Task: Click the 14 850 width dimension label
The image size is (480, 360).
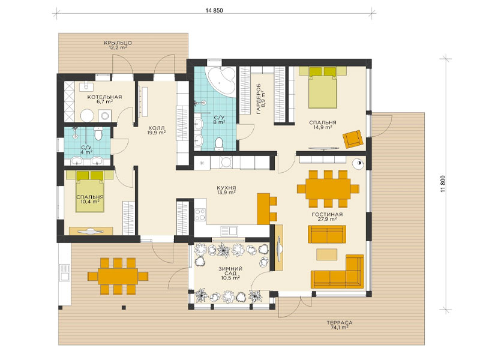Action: (214, 10)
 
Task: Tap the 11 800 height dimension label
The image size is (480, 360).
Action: (443, 184)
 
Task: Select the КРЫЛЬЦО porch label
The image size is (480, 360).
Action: (118, 43)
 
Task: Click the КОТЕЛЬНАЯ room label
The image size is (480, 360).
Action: (104, 97)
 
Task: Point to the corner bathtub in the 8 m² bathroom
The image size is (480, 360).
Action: (221, 81)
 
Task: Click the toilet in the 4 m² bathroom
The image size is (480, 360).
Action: (98, 133)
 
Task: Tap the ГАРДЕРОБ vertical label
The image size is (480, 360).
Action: (259, 98)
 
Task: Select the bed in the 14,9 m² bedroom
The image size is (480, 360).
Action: (323, 88)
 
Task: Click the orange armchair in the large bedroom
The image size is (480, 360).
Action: (353, 139)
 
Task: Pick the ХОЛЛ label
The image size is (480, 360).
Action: (157, 128)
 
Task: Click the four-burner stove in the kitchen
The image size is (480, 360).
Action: (200, 214)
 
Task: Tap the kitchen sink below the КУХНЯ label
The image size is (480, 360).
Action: (229, 230)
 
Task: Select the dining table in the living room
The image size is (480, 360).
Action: (328, 189)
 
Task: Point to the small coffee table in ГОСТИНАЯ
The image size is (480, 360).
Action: (326, 254)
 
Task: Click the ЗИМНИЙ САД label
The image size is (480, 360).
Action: (230, 271)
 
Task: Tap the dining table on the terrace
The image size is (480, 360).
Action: (118, 277)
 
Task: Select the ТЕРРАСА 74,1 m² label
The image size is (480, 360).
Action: (340, 325)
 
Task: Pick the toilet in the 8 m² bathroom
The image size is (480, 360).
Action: (219, 144)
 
